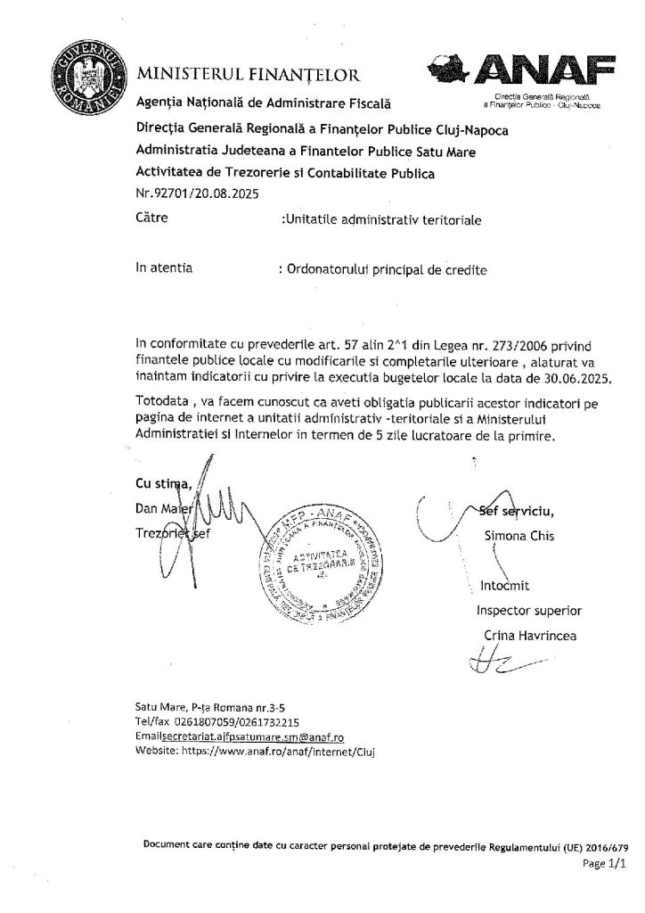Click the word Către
click(151, 216)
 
